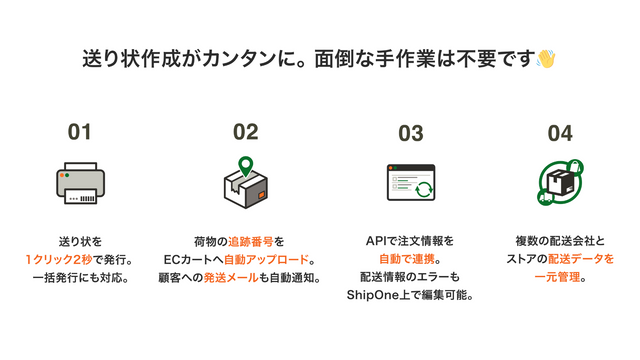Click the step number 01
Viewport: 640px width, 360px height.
click(79, 132)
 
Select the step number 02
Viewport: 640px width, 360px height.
click(245, 132)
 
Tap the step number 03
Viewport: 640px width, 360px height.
click(410, 132)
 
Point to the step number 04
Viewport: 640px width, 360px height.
click(560, 132)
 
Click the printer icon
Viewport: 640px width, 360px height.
click(80, 183)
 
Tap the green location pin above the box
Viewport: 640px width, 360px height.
click(243, 164)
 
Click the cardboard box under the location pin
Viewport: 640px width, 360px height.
click(245, 188)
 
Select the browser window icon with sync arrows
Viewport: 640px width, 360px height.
click(410, 183)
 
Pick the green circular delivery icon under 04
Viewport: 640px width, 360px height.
click(560, 182)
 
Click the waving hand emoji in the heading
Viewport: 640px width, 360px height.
click(546, 58)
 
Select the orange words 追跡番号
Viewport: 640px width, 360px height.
click(249, 241)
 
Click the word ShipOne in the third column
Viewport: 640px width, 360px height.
click(371, 295)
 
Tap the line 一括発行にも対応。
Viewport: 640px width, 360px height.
click(80, 277)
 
